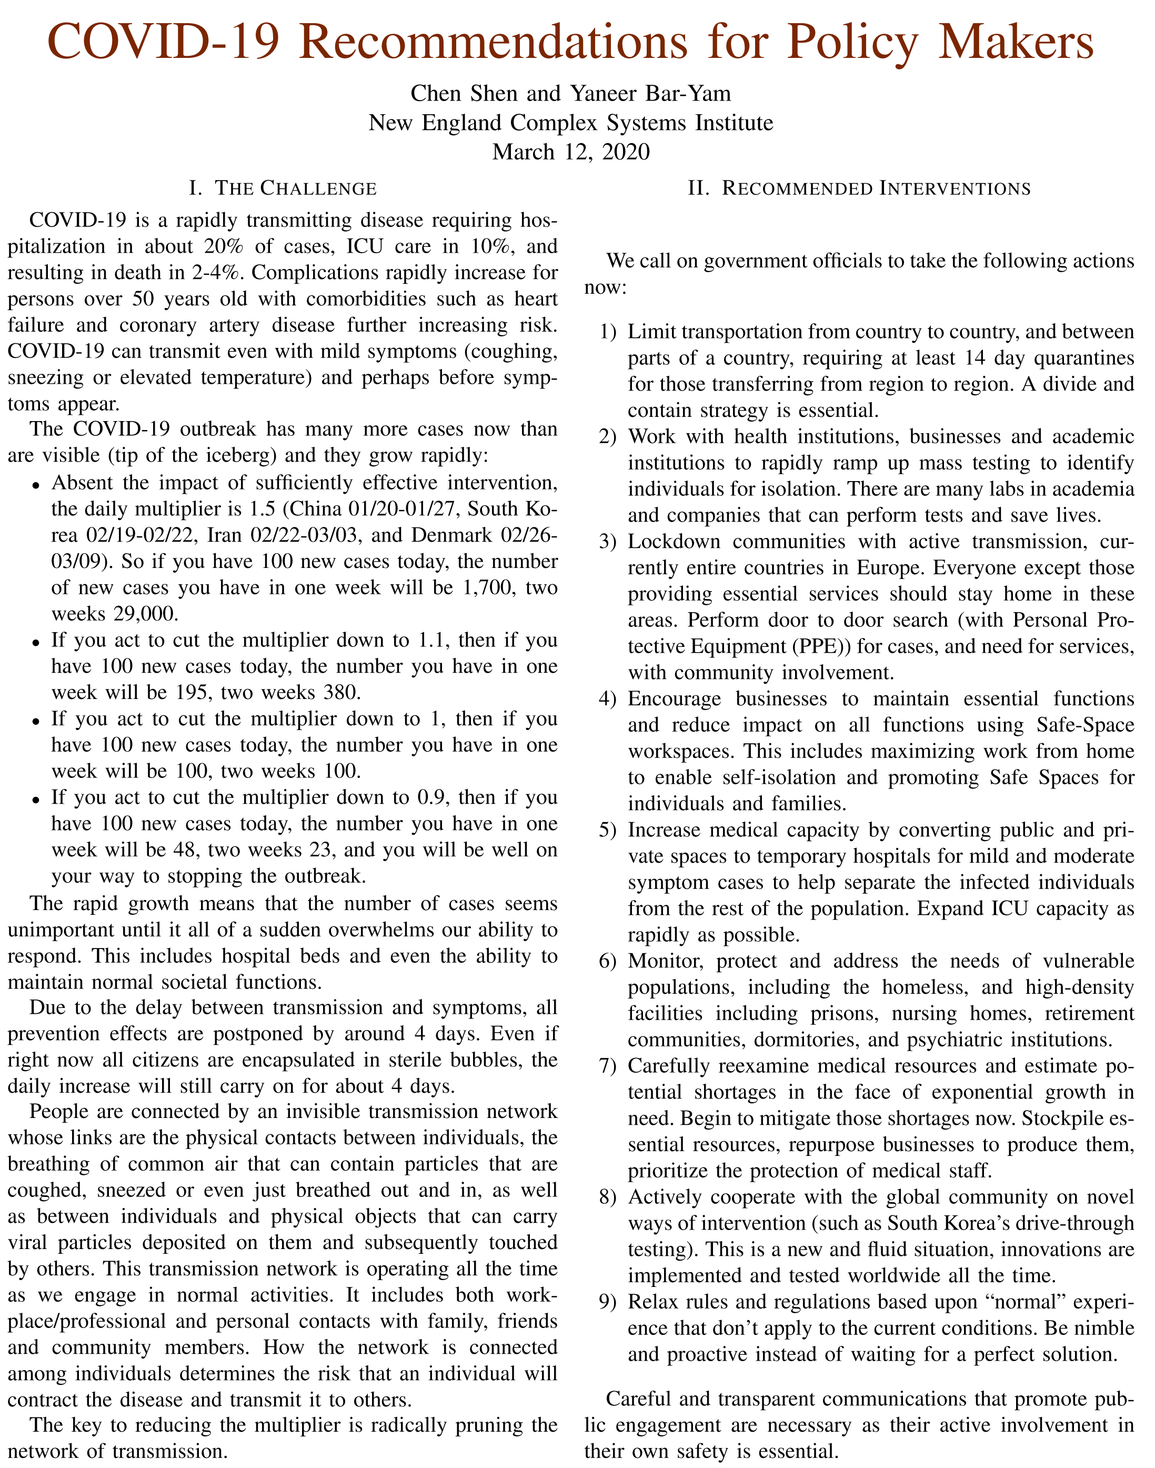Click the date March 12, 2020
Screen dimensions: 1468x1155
click(x=571, y=152)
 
